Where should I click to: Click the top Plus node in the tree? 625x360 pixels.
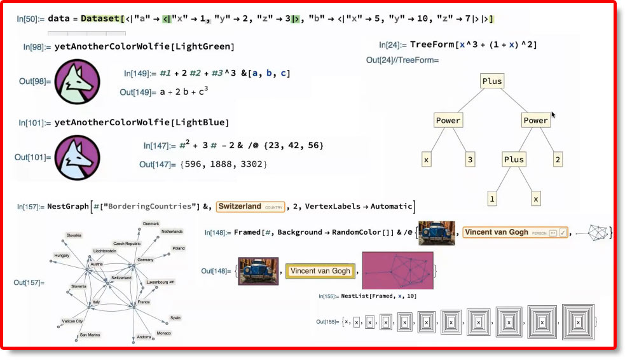[x=492, y=81]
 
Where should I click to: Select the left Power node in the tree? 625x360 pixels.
[x=448, y=120]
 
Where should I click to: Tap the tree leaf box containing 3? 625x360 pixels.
[x=470, y=160]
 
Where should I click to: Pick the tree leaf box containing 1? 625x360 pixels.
[x=491, y=199]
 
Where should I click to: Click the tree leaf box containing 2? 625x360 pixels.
[x=558, y=160]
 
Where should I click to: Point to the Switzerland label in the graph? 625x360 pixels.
[x=121, y=278]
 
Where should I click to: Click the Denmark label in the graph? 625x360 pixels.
[x=151, y=224]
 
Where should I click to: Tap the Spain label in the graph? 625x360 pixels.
[x=175, y=317]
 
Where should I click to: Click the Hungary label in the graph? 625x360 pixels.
[x=62, y=255]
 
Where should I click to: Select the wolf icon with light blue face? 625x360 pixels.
[x=77, y=157]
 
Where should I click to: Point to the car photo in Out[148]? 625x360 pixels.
[x=258, y=270]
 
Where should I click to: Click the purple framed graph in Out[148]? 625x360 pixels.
[x=397, y=270]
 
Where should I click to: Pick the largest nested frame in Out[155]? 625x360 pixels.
[x=577, y=322]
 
